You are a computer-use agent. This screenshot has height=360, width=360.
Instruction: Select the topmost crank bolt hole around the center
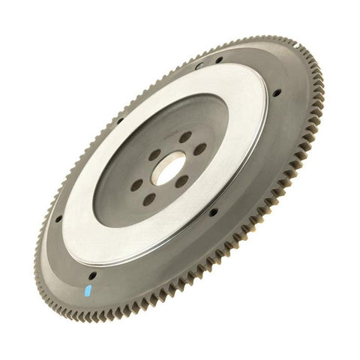(184, 137)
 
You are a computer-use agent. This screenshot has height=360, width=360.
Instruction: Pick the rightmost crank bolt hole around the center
(199, 149)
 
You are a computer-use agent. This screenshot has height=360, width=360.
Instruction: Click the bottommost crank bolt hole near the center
(150, 199)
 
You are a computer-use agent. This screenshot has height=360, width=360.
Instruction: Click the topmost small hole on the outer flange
(218, 61)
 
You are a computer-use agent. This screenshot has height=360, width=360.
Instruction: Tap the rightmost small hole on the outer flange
(277, 93)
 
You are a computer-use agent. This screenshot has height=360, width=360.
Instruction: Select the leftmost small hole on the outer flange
(58, 218)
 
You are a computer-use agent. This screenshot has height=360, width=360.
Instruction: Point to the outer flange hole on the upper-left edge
(119, 119)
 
